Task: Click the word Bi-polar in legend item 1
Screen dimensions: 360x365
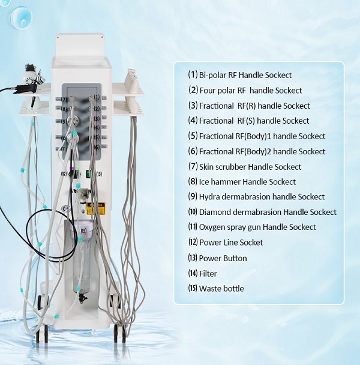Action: (212, 75)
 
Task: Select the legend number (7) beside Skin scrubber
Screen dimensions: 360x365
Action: (193, 166)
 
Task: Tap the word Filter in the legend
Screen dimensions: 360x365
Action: (208, 274)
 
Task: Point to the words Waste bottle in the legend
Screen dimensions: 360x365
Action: (221, 289)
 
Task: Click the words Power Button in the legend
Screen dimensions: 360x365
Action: (223, 258)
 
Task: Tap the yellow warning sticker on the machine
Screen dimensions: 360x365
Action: (95, 208)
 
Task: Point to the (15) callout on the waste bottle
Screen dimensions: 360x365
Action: (83, 231)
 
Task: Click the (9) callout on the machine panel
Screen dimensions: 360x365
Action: (64, 121)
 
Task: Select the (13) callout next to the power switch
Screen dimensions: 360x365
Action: (99, 174)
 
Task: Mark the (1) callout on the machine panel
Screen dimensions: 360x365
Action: (97, 97)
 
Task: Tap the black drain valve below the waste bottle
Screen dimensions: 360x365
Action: (82, 298)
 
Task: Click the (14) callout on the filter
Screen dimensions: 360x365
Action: (84, 194)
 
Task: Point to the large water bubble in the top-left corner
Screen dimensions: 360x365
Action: (21, 17)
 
